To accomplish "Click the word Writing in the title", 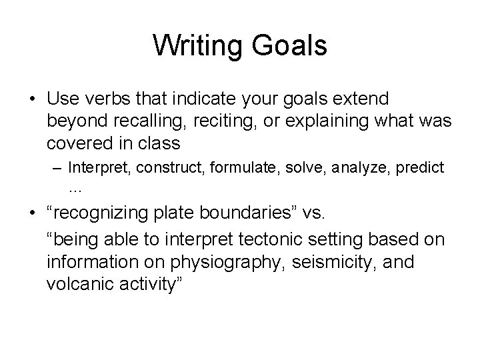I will (x=197, y=46).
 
